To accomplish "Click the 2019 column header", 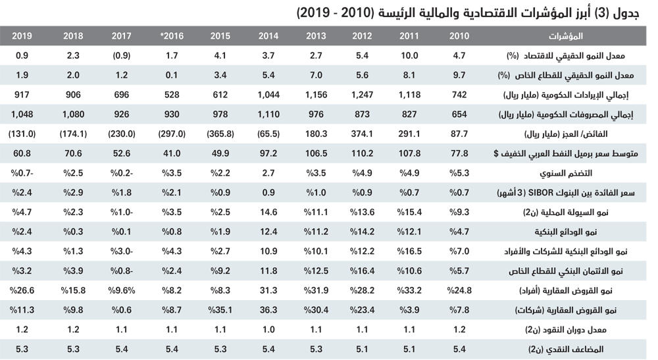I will point(22,36).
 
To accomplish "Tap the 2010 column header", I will point(459,36).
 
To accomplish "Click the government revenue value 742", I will point(459,94).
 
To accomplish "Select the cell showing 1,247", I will point(363,94).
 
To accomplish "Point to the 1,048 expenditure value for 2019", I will point(23,114).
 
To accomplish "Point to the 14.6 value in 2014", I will point(268,213).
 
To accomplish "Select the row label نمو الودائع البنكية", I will point(590,232).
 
